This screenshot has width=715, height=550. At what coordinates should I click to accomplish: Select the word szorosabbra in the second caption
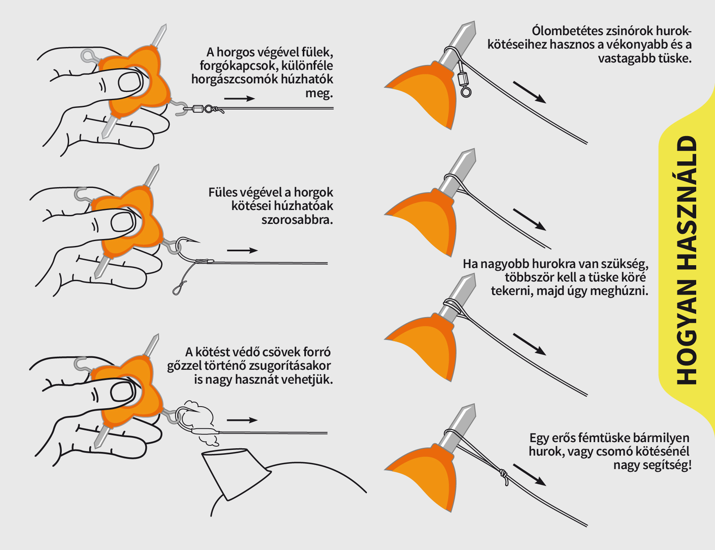point(297,220)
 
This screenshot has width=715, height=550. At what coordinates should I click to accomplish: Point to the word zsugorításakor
point(289,366)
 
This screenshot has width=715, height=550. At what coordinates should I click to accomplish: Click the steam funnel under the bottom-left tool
point(235,472)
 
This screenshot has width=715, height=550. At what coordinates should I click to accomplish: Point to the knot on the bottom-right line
point(504,476)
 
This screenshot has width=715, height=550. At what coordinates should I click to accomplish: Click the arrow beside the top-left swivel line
point(239,98)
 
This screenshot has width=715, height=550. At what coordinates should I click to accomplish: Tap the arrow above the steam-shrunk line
point(242,420)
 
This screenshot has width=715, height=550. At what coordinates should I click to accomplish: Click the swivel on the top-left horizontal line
point(198,109)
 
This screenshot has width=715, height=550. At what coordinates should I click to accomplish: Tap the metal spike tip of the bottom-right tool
point(468,413)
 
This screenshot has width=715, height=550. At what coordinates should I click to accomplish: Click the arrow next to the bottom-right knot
point(529,475)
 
